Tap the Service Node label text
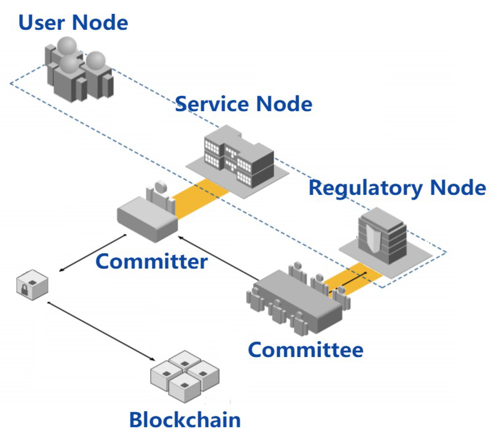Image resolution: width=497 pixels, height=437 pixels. coord(243,104)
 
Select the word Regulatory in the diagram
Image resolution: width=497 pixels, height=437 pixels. coord(365,188)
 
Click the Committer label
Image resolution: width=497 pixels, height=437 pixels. coord(152,261)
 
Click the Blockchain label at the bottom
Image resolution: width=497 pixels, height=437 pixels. coord(185,420)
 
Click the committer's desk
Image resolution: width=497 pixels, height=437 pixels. coord(147,220)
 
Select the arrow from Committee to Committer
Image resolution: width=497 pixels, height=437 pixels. coord(217,257)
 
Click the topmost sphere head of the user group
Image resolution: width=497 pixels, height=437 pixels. coord(67,45)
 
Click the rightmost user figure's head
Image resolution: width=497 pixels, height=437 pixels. coord(96,60)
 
